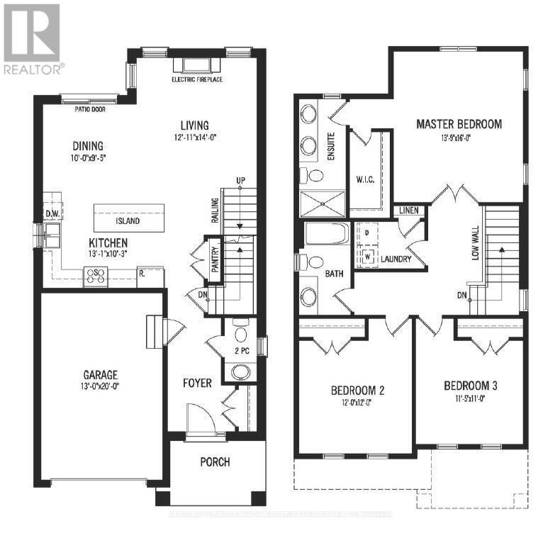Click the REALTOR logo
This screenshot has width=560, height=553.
32,39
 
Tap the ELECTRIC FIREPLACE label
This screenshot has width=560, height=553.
196,80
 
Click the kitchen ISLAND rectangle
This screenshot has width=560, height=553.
129,220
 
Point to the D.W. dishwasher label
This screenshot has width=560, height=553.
51,213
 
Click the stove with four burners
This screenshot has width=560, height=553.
96,276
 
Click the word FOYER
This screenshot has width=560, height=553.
197,383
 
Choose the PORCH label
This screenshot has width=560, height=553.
215,462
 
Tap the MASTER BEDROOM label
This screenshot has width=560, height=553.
459,124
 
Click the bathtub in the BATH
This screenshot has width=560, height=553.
326,233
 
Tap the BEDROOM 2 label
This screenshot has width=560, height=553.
357,391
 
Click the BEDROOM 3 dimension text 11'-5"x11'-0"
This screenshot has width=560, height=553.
470,398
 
